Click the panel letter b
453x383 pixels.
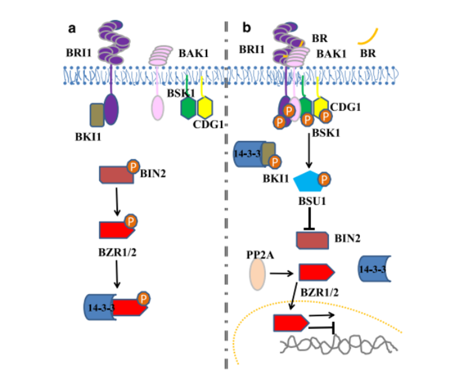(x=246, y=27)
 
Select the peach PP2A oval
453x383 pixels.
(x=257, y=273)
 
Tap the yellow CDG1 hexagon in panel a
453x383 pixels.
(x=205, y=108)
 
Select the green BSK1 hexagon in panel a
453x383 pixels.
(x=188, y=108)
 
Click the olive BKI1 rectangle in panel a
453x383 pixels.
(x=97, y=114)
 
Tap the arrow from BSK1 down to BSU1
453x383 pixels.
(x=311, y=152)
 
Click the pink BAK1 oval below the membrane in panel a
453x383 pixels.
(x=157, y=109)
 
